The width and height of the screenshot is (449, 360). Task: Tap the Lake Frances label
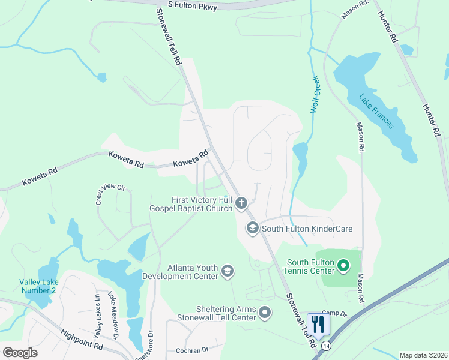tap(376, 112)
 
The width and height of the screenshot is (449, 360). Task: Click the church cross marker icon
tap(241, 203)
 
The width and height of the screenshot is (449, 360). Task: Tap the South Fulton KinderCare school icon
tap(252, 228)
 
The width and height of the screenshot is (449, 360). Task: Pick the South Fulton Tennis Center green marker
tap(343, 265)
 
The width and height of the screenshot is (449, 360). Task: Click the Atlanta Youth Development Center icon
tap(228, 272)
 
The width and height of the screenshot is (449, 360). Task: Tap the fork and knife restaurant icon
tap(318, 324)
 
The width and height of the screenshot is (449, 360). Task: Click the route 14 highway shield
tap(326, 346)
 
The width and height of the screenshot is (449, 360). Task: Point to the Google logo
tap(20, 352)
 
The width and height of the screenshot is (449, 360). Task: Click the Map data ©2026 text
tap(423, 355)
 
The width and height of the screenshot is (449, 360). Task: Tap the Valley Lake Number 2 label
tap(37, 286)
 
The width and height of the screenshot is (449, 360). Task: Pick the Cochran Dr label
tap(192, 350)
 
